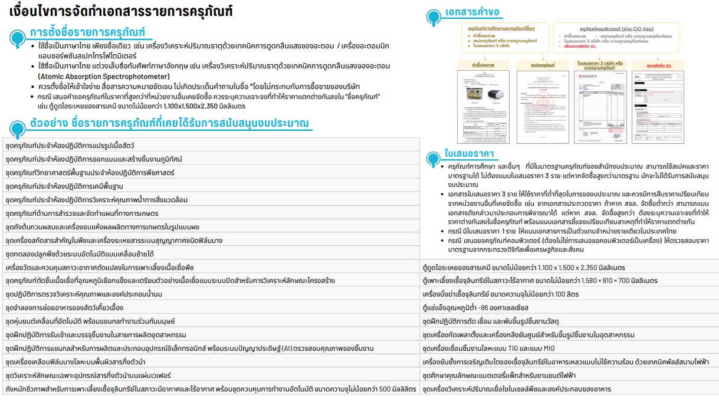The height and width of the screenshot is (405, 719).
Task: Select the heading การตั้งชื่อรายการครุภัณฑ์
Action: [87, 32]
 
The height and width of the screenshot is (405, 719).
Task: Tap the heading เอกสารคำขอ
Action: [473, 12]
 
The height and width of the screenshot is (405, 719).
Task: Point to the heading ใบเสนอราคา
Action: [470, 154]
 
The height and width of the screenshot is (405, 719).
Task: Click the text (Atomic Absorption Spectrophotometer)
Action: [104, 76]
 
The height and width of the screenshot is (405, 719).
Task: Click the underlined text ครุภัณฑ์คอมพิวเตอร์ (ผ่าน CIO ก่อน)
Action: [616, 28]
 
